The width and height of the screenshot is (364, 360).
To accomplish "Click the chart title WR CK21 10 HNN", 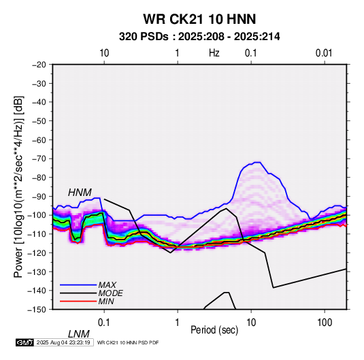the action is pyautogui.click(x=199, y=19).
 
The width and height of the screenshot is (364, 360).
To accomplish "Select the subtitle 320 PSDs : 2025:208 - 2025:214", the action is pyautogui.click(x=199, y=37).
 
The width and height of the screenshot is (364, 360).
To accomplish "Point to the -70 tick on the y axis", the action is pyautogui.click(x=39, y=159).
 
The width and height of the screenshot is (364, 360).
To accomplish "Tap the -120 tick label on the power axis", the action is pyautogui.click(x=37, y=253).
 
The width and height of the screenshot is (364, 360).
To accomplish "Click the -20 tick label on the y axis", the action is pyautogui.click(x=39, y=65).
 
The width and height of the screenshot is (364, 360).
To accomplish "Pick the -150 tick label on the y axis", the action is pyautogui.click(x=37, y=310).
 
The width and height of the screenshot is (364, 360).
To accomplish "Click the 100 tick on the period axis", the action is pyautogui.click(x=325, y=323).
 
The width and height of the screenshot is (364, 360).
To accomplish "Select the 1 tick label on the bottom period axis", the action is pyautogui.click(x=178, y=323).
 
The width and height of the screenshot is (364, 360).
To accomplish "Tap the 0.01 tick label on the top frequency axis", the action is pyautogui.click(x=324, y=53).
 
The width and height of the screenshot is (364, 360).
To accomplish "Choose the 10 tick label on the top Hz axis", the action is pyautogui.click(x=104, y=53).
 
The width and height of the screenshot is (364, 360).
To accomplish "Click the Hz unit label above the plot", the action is pyautogui.click(x=214, y=53).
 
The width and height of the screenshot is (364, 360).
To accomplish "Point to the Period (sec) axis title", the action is pyautogui.click(x=214, y=330).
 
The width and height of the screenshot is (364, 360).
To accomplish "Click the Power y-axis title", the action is pyautogui.click(x=18, y=187).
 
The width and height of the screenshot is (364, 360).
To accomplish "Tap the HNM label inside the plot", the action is pyautogui.click(x=80, y=193).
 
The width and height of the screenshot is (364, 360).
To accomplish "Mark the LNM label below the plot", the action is pyautogui.click(x=79, y=334).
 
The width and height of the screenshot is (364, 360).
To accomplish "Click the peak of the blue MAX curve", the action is pyautogui.click(x=257, y=163).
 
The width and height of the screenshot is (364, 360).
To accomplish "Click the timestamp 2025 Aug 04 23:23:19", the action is pyautogui.click(x=63, y=342).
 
